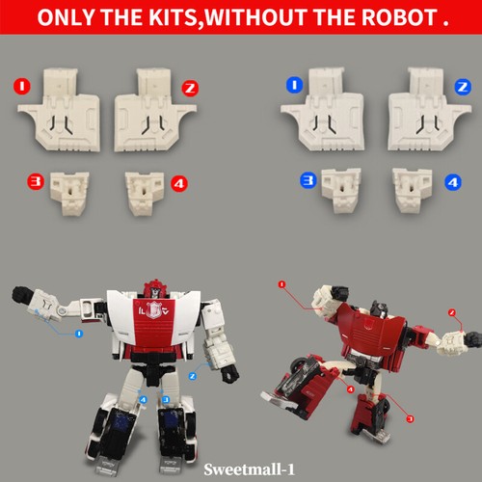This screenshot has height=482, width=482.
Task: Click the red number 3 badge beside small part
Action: click(x=35, y=178)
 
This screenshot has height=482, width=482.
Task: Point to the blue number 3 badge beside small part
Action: click(x=307, y=178)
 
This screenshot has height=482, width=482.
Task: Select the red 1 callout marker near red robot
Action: click(x=281, y=284)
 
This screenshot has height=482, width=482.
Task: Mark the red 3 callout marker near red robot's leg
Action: click(x=410, y=419)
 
